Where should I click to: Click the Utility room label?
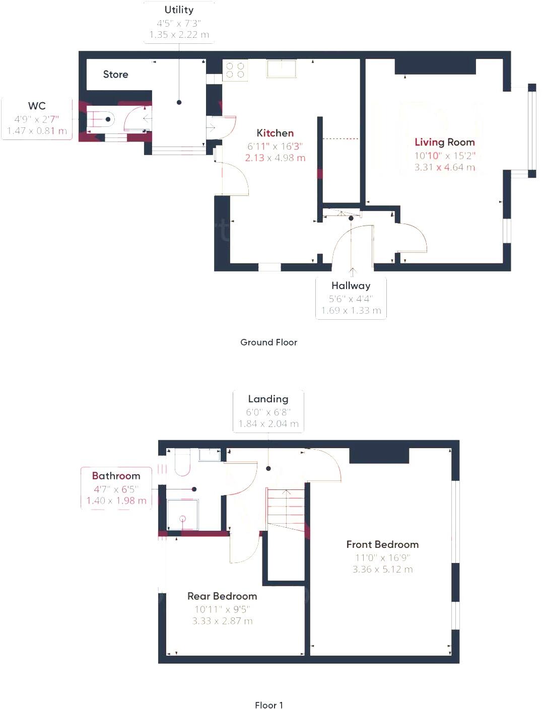click(179, 10)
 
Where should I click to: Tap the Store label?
click(115, 75)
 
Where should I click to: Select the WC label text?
click(37, 106)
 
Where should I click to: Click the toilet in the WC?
click(101, 119)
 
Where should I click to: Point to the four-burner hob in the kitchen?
click(235, 70)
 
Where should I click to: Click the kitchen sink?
click(281, 68)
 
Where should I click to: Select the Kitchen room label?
click(275, 133)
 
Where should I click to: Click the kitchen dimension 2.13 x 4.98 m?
click(275, 158)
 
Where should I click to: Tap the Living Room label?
click(444, 143)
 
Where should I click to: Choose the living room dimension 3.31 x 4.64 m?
click(444, 168)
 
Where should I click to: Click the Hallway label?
click(351, 286)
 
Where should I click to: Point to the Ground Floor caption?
click(268, 342)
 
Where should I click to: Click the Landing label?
click(268, 399)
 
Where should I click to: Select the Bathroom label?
click(116, 476)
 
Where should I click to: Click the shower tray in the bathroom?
click(182, 514)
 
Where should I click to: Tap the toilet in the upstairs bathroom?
click(182, 462)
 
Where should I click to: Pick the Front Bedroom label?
click(382, 544)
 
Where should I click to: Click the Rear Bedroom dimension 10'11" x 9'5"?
click(222, 609)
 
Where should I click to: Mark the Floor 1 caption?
click(268, 705)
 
